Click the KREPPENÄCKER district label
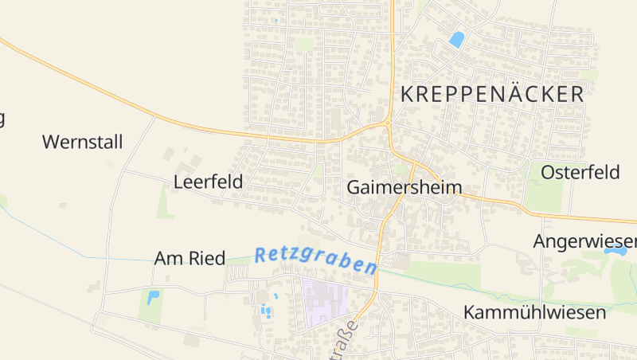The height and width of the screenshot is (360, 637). coord(492,94)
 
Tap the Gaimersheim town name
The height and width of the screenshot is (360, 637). coord(404,188)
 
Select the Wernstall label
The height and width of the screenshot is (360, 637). coord(83,143)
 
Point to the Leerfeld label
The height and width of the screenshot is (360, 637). coord(208,182)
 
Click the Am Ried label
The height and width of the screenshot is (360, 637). coord(190,258)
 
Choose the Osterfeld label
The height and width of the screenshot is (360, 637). coord(580,172)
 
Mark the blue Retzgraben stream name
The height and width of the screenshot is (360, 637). coord(315,260)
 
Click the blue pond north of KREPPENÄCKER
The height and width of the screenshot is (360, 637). coord(457,38)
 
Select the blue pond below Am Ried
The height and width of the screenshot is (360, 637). coord(153,298)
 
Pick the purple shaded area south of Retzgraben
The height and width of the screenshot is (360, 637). coord(328,302)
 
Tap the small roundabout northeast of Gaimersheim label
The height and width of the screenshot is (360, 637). coord(387,123)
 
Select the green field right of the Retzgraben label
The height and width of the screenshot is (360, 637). coord(446,275)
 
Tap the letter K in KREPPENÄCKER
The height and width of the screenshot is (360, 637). coord(407,94)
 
